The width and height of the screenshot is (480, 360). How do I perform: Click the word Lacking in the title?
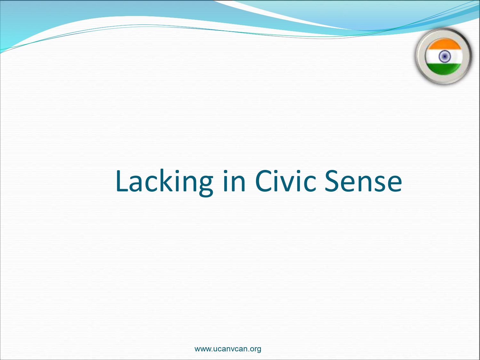tap(164, 182)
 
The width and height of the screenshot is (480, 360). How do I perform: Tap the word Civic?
tap(285, 181)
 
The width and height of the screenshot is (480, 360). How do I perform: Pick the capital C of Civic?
tap(263, 181)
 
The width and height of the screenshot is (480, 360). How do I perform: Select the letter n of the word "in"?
tap(238, 184)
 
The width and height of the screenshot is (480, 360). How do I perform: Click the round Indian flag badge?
tap(444, 56)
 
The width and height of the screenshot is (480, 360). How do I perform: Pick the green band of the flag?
tap(444, 68)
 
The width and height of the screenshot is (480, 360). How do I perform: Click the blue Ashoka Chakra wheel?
tap(444, 56)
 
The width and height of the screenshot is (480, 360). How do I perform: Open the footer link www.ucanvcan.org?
tap(228, 349)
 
